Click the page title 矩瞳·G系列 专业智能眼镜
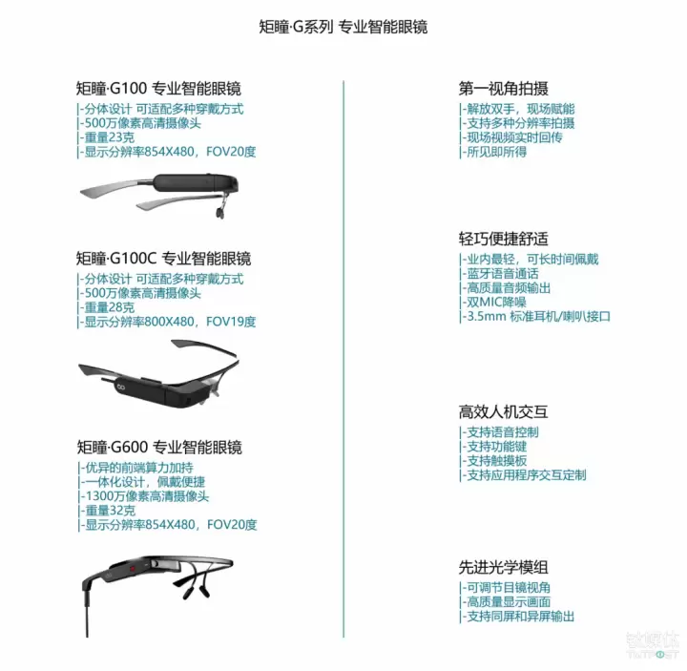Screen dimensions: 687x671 (x=343, y=27)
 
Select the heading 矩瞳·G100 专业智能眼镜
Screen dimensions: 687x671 (x=158, y=89)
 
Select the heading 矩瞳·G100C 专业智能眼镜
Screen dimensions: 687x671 (x=163, y=259)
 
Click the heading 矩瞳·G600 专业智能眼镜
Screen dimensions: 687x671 (x=159, y=448)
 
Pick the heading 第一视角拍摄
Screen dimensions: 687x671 (x=504, y=89)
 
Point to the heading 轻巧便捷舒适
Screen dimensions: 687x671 (x=504, y=239)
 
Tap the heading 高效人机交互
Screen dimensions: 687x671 (x=504, y=412)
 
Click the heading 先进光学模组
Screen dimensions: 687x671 (x=504, y=568)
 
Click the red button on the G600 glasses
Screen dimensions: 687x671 (x=133, y=569)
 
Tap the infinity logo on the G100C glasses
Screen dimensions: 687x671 (x=120, y=387)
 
